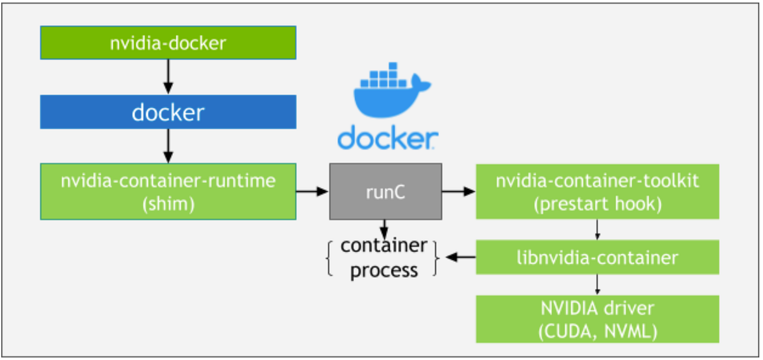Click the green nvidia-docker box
[168, 43]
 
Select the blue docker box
[168, 112]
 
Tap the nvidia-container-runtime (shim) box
[168, 191]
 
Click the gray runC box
[385, 191]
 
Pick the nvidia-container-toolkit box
[597, 191]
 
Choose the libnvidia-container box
[597, 258]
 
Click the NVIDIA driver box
[597, 319]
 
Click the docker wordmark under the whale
[388, 137]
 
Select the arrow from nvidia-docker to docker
[168, 77]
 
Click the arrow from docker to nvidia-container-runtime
[168, 146]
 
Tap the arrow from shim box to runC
[312, 191]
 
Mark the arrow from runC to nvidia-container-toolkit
[458, 191]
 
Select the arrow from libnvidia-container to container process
[459, 258]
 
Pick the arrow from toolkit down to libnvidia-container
[597, 230]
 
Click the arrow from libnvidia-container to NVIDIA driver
[597, 284]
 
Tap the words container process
[384, 258]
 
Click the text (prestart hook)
[597, 204]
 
